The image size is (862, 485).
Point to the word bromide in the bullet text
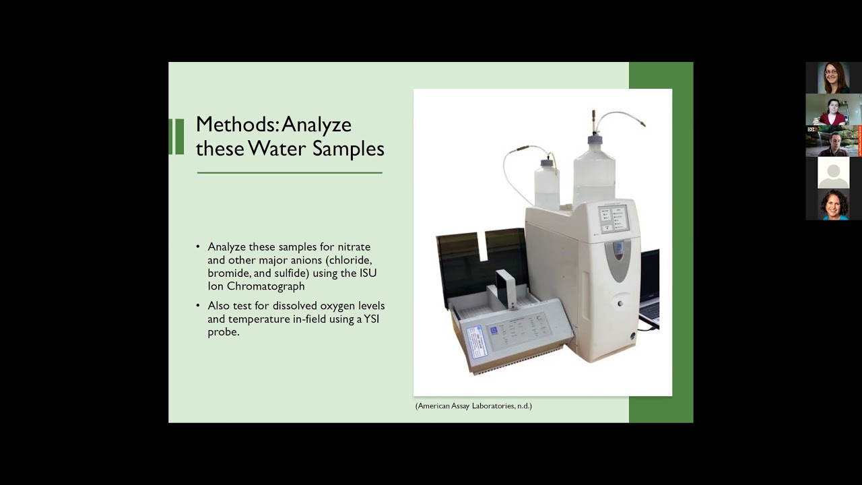pos(229,273)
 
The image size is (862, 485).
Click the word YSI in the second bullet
pos(372,319)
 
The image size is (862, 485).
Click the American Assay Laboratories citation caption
pos(473,406)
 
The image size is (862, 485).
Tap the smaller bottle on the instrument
pos(547,185)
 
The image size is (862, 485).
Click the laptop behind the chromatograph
pos(649,290)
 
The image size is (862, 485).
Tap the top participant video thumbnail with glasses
pos(833,77)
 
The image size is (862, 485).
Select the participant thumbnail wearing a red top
pos(833,109)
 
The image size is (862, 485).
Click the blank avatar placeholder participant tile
pos(833,172)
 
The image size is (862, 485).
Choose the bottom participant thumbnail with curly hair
pos(833,205)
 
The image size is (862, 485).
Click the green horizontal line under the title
pos(290,173)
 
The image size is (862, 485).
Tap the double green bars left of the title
pos(176,137)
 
